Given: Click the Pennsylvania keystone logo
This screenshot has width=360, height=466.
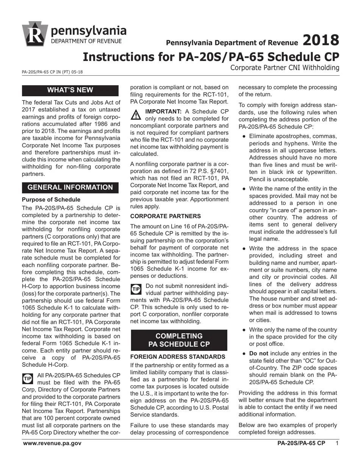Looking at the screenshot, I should click(35, 34).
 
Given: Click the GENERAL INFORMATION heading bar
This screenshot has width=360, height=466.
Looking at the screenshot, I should click(70, 187).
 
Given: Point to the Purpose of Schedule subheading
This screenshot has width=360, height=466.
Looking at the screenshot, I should click(51, 199).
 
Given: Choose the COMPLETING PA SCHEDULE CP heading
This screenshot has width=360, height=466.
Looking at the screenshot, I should click(179, 340).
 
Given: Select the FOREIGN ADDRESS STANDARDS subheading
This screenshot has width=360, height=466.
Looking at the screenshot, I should click(178, 357).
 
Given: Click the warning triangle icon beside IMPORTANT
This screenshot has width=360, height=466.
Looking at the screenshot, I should click(136, 114).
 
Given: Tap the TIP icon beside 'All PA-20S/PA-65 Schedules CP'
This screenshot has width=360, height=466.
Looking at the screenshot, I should click(28, 378).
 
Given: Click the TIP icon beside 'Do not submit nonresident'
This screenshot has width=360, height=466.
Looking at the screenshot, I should click(136, 289).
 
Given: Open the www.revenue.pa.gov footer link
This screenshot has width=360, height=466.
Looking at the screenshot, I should click(52, 443).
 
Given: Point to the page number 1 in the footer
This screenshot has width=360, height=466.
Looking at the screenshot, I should click(337, 443).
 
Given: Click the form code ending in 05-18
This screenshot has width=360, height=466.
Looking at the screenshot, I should click(52, 72).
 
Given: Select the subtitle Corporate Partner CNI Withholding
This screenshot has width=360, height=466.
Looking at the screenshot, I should click(285, 68).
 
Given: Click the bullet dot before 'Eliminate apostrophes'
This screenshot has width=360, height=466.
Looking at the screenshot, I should click(244, 136).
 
